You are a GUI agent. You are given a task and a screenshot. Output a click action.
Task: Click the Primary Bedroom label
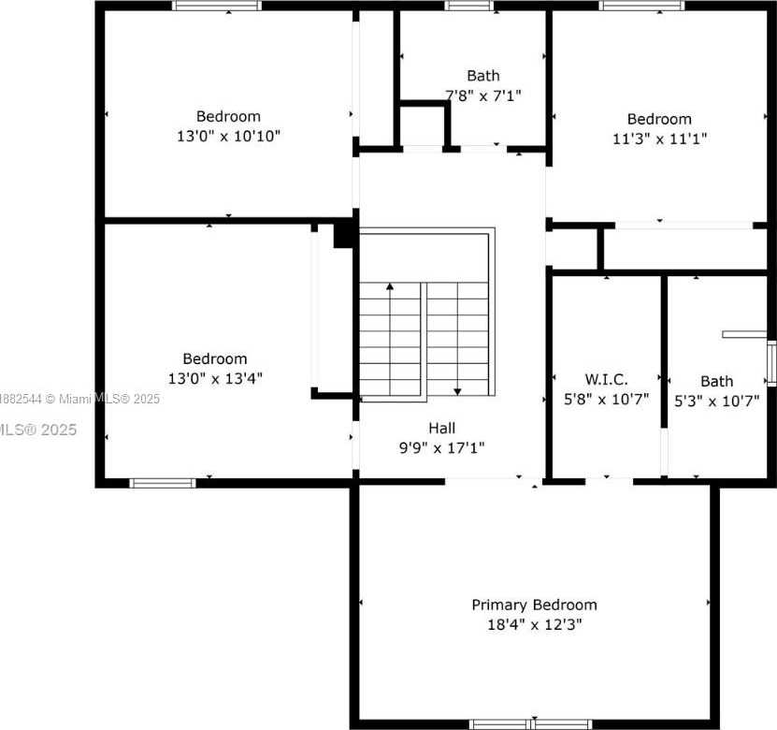click(x=534, y=606)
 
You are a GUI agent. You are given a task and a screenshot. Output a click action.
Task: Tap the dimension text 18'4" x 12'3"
click(x=534, y=624)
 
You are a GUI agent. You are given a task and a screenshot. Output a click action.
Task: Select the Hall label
click(x=442, y=428)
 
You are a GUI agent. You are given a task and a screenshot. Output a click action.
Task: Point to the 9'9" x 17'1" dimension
click(x=442, y=447)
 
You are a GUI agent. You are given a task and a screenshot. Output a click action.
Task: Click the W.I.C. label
click(x=606, y=379)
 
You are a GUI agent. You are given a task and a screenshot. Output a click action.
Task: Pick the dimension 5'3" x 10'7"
click(x=716, y=401)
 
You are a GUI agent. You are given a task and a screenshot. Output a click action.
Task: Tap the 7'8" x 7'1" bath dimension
click(x=483, y=95)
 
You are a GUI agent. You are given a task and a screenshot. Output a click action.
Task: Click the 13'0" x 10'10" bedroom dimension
click(x=228, y=136)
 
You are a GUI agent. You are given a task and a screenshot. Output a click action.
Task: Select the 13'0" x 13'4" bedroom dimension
click(x=215, y=378)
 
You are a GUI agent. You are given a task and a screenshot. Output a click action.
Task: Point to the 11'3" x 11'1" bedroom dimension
click(x=659, y=139)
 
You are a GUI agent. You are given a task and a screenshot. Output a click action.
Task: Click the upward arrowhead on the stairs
click(x=390, y=286)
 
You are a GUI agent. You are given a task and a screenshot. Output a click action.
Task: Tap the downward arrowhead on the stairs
click(x=457, y=392)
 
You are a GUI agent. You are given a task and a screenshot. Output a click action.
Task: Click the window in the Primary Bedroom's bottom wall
click(x=531, y=724)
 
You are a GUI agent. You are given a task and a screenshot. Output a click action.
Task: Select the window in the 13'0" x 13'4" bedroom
click(x=163, y=483)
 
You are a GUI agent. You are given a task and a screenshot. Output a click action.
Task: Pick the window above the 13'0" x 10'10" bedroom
click(x=217, y=6)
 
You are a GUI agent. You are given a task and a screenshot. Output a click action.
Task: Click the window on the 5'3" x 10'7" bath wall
click(x=771, y=363)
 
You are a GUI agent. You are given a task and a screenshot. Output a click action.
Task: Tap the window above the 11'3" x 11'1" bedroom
click(x=641, y=6)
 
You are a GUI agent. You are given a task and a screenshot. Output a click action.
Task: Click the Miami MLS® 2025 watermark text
click(x=103, y=399)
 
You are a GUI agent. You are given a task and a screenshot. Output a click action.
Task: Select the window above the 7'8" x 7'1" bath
click(x=468, y=6)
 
